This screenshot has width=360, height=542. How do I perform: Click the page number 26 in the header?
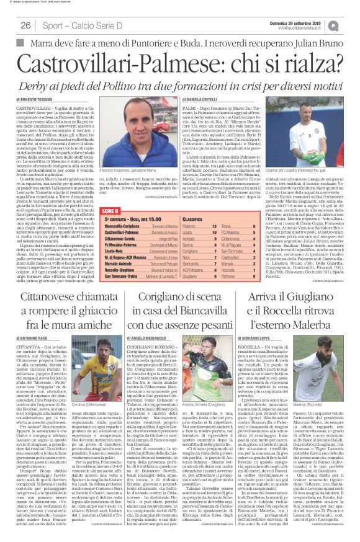[x=26, y=25]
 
